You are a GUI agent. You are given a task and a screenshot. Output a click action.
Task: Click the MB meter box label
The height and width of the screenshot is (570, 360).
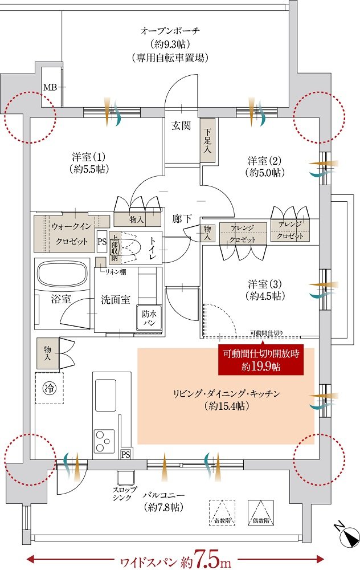[x=50, y=87]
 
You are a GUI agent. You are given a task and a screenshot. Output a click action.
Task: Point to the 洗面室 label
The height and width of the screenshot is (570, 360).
[x=116, y=300]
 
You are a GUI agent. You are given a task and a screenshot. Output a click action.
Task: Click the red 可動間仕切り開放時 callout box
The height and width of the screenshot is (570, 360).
[x=261, y=360]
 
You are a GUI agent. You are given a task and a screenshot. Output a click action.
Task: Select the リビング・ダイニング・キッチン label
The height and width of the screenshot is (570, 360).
[x=226, y=400]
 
